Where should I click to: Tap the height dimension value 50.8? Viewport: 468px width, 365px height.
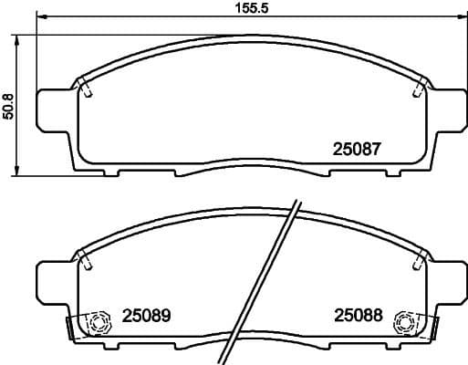click(x=8, y=105)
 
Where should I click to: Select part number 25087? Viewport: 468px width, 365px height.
click(x=355, y=148)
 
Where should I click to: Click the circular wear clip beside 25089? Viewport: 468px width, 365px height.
click(x=97, y=321)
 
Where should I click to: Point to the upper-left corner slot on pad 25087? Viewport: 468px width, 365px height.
click(x=85, y=89)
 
